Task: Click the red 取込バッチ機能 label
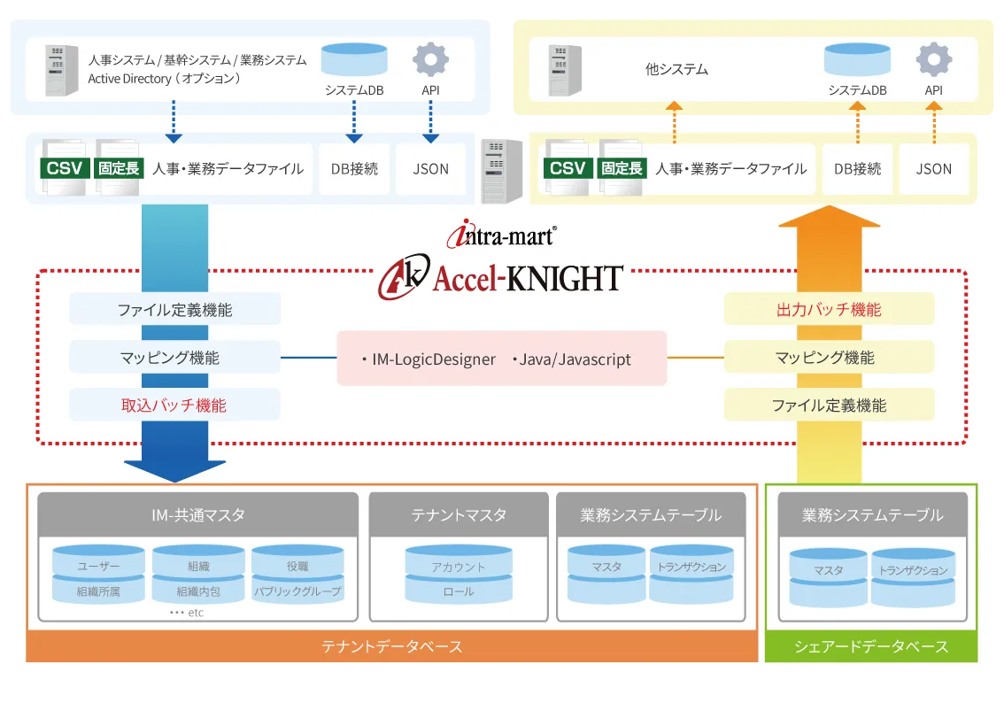[x=174, y=406]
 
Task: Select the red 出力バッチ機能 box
[x=829, y=309]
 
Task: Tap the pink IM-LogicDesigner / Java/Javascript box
[x=501, y=359]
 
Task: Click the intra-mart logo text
[x=502, y=236]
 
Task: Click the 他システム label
[x=677, y=69]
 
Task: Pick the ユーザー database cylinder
[x=98, y=565]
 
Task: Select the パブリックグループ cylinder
[x=297, y=591]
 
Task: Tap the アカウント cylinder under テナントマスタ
[x=459, y=566]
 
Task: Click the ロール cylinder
[x=459, y=591]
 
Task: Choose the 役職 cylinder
[x=297, y=565]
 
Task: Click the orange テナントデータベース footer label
[x=391, y=646]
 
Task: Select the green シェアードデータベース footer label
[x=871, y=646]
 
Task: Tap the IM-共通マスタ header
[x=198, y=514]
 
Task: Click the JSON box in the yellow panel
[x=934, y=169]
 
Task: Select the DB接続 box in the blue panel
[x=354, y=169]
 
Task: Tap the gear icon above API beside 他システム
[x=934, y=60]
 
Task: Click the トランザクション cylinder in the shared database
[x=913, y=571]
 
